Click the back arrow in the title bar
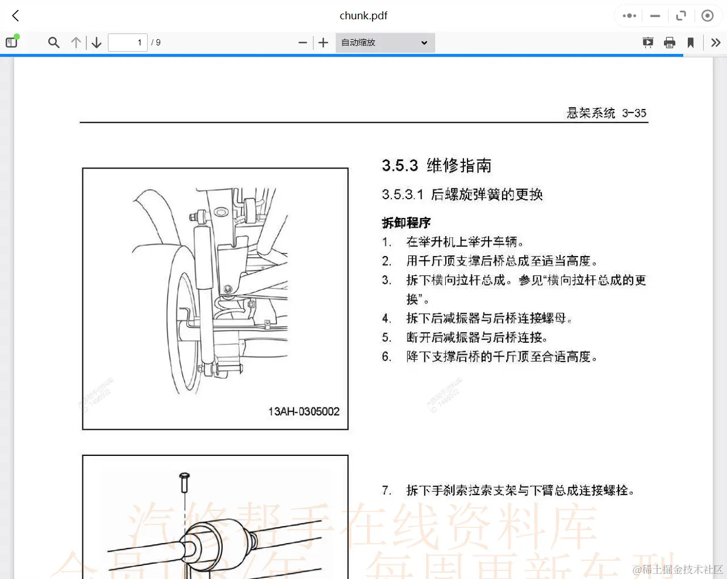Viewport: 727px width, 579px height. (16, 16)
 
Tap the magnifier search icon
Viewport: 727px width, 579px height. (54, 43)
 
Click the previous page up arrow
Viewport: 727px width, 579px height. (76, 43)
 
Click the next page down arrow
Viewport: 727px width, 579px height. (97, 43)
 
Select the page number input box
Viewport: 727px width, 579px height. (127, 43)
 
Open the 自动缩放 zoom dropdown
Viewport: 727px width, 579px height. (385, 43)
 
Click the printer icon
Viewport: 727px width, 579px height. (670, 43)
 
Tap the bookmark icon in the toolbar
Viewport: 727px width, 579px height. (691, 43)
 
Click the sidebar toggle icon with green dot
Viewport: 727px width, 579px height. (12, 42)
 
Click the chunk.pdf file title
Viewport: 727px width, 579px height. (363, 16)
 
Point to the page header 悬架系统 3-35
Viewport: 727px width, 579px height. (606, 113)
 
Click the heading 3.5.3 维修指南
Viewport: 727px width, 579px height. (436, 166)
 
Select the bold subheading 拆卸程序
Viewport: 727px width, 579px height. (406, 223)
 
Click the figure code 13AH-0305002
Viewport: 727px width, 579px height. (304, 412)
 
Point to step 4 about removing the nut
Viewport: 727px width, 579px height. (488, 318)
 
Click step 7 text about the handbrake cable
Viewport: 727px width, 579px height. (520, 490)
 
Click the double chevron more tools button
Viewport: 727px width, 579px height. (716, 43)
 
